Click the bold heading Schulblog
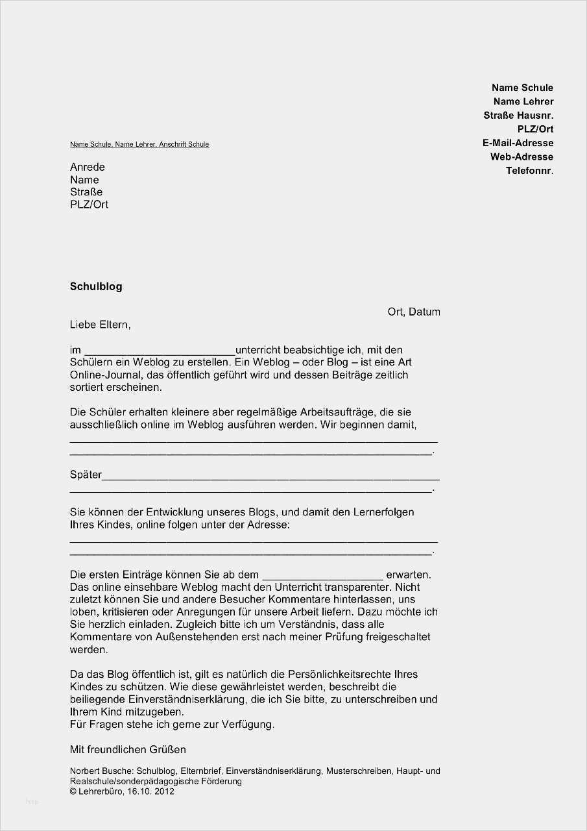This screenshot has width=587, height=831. click(x=96, y=286)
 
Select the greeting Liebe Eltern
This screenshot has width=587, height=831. click(x=100, y=324)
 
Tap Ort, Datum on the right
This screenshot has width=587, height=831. click(x=414, y=312)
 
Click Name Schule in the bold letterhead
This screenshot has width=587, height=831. click(x=522, y=88)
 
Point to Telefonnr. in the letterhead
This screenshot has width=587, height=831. click(x=529, y=171)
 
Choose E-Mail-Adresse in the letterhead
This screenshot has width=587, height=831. click(x=518, y=143)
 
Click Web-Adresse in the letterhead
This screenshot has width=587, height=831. click(x=521, y=156)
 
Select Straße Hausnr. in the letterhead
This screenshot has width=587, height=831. click(x=518, y=115)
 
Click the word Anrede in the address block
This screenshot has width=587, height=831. click(x=87, y=167)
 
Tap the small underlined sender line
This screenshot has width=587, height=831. click(x=139, y=144)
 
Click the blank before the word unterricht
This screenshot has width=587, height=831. click(x=159, y=351)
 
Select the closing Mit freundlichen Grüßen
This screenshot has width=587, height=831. click(x=128, y=749)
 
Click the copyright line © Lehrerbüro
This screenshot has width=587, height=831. click(x=122, y=791)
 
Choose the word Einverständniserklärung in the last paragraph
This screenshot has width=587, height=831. click(x=182, y=699)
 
